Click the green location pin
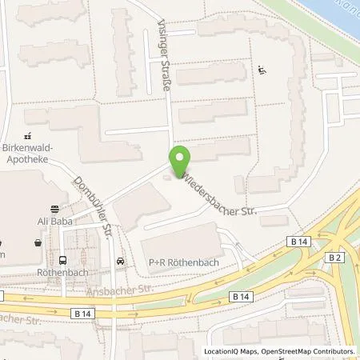[x=179, y=158]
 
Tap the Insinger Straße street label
[x=166, y=64]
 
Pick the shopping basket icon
[x=38, y=242]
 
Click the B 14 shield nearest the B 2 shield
[x=298, y=242]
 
